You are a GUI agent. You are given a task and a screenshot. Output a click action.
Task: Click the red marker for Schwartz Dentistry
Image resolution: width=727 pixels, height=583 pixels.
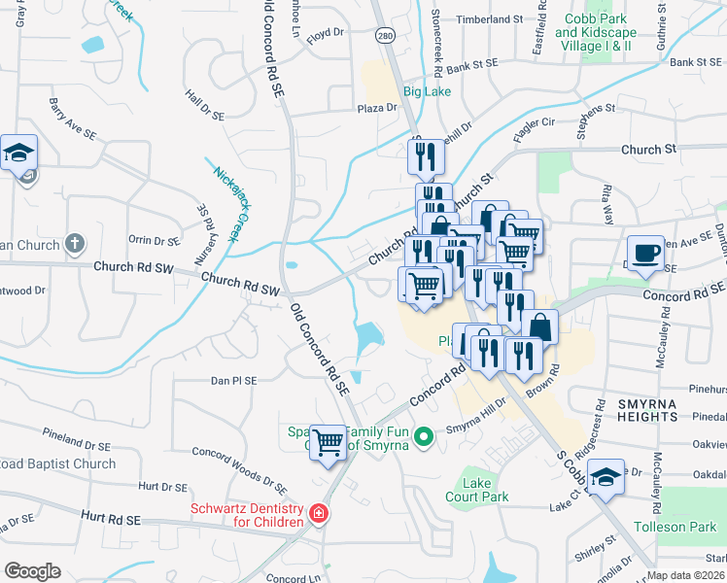[317, 512]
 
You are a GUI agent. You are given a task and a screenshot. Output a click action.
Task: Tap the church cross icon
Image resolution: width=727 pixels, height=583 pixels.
[75, 243]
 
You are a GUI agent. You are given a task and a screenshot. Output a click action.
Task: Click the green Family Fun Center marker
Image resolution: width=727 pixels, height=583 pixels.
[422, 437]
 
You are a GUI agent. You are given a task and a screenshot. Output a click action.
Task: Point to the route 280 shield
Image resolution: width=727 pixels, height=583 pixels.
[386, 35]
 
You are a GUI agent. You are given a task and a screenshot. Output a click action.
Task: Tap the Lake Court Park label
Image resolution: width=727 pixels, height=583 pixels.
[486, 489]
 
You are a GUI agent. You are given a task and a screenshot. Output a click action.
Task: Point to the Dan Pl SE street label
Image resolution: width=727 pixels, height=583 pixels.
[233, 381]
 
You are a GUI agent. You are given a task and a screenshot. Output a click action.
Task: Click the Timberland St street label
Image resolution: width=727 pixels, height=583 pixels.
[490, 19]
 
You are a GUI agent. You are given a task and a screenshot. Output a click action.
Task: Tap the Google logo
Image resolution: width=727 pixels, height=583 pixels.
[33, 571]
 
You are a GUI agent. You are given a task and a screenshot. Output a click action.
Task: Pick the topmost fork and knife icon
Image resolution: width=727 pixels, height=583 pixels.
[426, 156]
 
